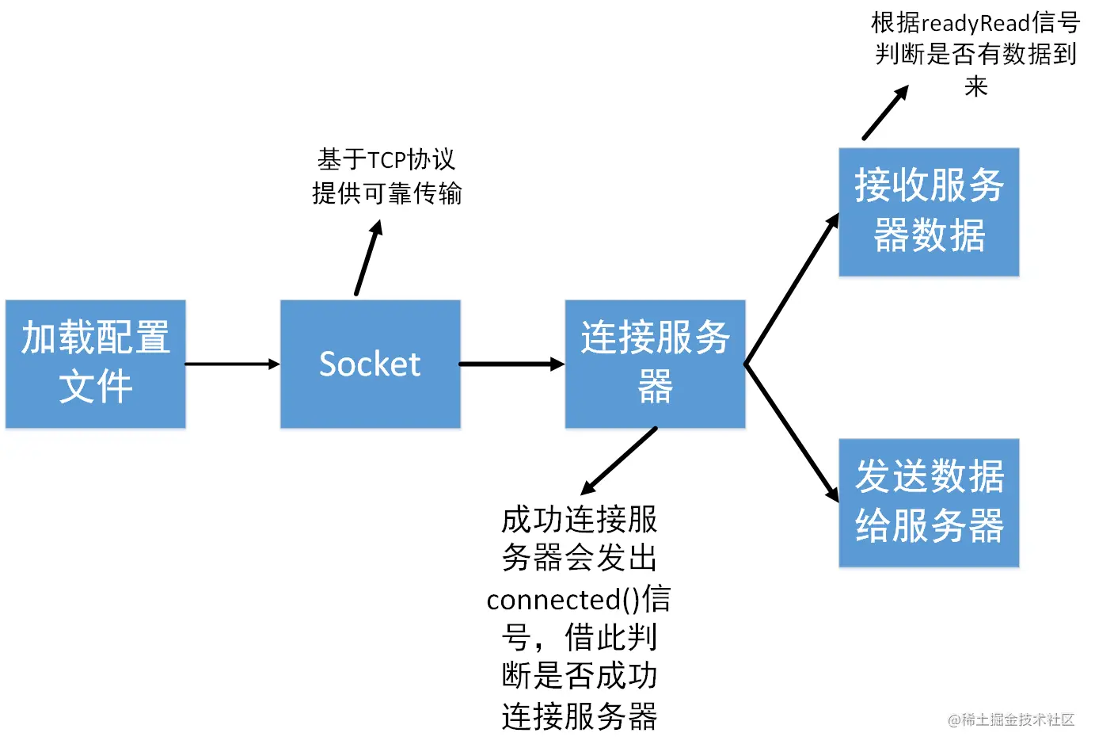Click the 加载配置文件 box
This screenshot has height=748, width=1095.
point(95,364)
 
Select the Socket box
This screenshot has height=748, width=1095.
point(370,364)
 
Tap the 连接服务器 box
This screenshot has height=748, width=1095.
point(655,364)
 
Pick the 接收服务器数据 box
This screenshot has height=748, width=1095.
point(929,212)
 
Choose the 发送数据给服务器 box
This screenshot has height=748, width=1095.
point(929,502)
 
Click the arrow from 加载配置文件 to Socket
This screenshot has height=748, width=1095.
point(232,364)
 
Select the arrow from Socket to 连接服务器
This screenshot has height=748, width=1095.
point(511,364)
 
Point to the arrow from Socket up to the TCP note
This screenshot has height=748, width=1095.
point(369,258)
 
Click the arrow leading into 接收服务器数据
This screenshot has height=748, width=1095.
point(792,289)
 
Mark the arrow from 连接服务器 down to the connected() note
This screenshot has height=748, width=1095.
point(619,461)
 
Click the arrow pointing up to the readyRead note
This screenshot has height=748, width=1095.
point(885,113)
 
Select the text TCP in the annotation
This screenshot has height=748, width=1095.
point(387,160)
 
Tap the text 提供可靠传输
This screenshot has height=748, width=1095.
point(387,193)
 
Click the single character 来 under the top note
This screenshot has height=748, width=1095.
point(975,86)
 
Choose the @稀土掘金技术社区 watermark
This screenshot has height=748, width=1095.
point(1011,719)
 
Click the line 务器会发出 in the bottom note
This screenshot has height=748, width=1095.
point(579,559)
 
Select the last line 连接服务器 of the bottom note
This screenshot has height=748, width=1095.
point(579,716)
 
